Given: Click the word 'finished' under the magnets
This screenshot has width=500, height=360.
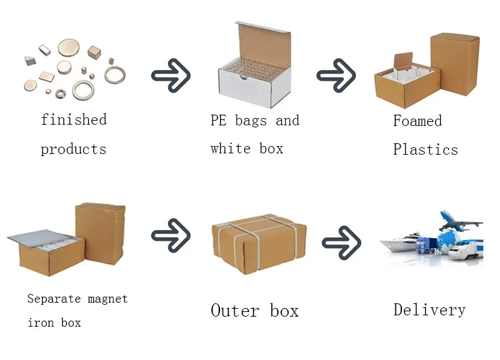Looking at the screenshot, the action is (x=73, y=119).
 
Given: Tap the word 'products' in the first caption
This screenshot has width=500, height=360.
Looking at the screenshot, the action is (x=73, y=149).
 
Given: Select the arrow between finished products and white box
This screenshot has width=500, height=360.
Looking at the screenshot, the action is (x=171, y=75).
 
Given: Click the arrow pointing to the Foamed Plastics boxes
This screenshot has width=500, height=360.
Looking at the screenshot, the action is (x=336, y=75).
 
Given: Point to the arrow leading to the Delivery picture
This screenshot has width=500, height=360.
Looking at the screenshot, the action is (x=341, y=243).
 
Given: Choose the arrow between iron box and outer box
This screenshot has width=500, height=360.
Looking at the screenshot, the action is (x=171, y=235).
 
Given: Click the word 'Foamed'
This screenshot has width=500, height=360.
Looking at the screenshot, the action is (x=417, y=121).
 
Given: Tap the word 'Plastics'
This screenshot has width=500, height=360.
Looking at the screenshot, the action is (x=425, y=149).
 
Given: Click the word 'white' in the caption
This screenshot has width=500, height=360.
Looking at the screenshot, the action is (x=231, y=149).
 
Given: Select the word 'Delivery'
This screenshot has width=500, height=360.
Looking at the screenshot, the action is (x=429, y=310).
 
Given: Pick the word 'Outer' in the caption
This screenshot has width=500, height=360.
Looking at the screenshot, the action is (x=235, y=311).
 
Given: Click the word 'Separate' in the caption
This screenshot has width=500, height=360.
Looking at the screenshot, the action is (x=54, y=299).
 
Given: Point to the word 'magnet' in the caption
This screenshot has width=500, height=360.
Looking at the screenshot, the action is (x=107, y=299).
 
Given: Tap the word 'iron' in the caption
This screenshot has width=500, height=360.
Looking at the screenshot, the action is (x=41, y=323).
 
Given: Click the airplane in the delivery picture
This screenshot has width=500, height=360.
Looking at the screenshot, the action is (x=460, y=221).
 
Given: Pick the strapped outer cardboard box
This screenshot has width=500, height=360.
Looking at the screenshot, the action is (x=259, y=243).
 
